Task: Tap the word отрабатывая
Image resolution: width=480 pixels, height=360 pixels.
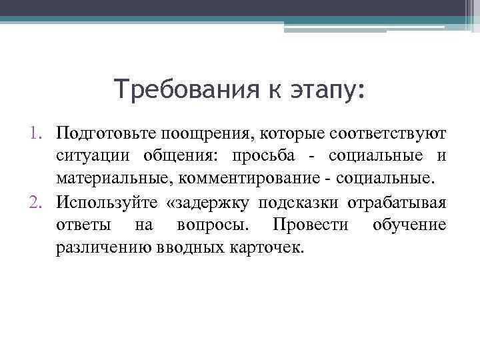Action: point(397,203)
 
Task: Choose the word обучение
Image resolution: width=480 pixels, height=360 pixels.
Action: point(409,225)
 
